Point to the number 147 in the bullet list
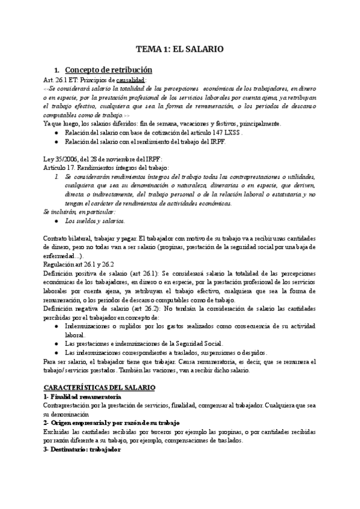point(211,132)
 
